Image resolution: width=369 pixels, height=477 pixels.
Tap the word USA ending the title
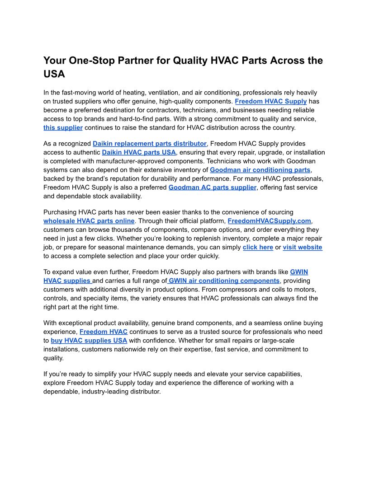54,74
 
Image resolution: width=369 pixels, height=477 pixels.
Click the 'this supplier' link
63,127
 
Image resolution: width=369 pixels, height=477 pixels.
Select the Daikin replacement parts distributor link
150,144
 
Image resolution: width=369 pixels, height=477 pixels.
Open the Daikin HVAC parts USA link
139,152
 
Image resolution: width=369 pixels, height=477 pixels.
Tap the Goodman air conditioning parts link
260,170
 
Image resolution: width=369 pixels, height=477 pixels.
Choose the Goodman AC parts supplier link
212,187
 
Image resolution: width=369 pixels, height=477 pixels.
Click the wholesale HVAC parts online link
89,221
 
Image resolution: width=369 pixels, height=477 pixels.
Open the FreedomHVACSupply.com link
270,221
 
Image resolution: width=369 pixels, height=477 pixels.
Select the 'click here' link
258,247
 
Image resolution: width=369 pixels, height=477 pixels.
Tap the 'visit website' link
303,247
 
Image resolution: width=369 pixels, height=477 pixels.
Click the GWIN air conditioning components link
224,281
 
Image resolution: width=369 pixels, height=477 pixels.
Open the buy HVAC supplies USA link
89,340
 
